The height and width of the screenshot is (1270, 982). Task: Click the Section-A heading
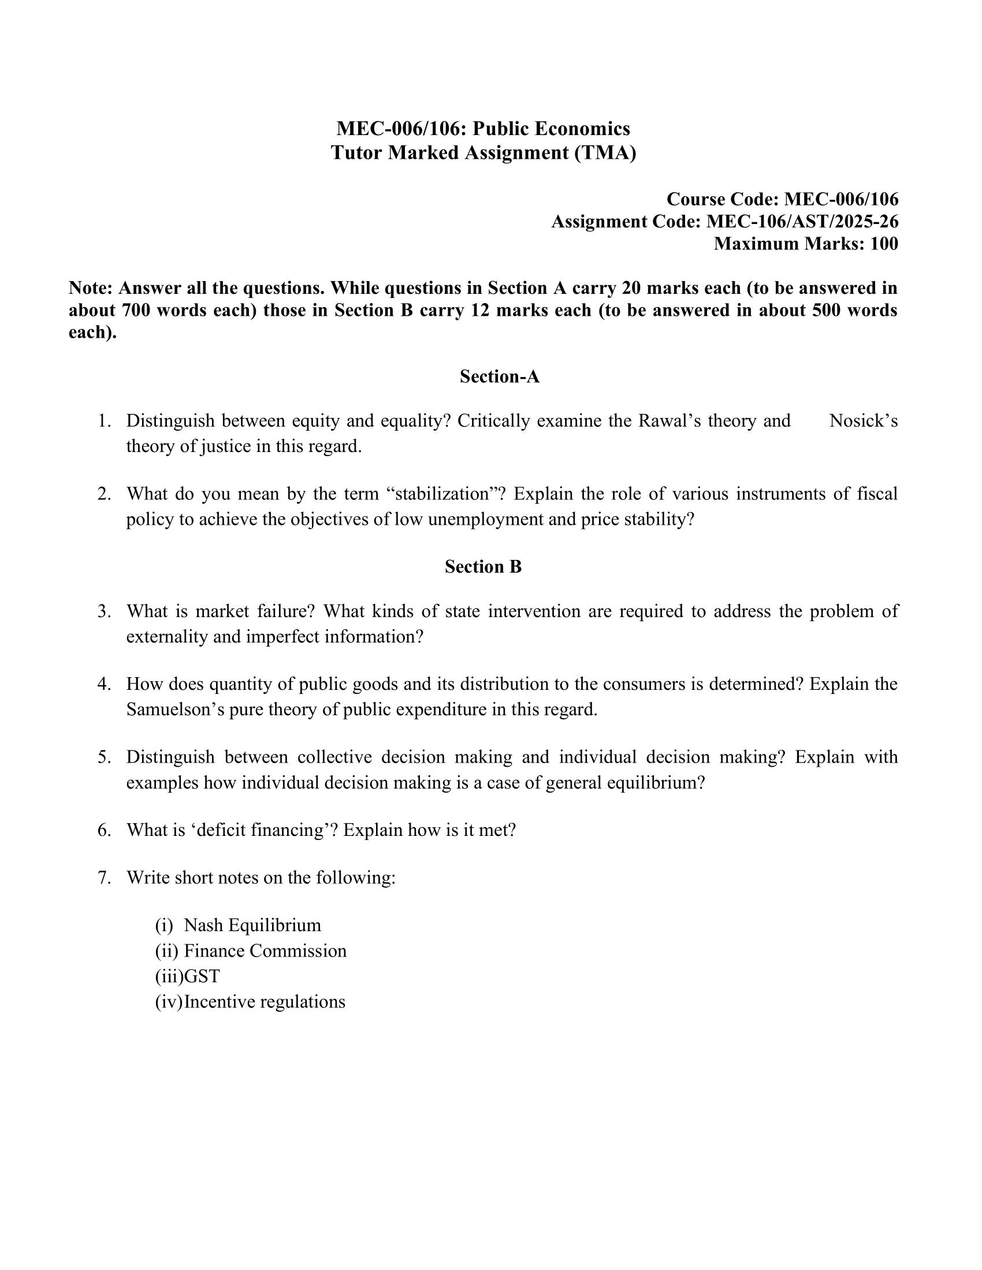point(500,377)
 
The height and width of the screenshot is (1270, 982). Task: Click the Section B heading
point(483,566)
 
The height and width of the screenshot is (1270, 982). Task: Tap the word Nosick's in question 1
point(864,420)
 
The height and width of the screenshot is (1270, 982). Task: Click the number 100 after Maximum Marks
point(884,244)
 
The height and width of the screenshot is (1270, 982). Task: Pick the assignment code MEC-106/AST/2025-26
point(802,222)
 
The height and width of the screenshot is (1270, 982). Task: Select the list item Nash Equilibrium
point(252,925)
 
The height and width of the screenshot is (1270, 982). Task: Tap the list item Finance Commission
point(265,951)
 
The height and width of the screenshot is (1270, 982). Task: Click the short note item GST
point(202,976)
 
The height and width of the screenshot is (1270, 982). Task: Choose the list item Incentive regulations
point(265,1002)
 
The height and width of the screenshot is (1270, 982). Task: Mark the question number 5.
point(104,757)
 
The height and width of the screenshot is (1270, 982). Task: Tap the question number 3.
point(104,611)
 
